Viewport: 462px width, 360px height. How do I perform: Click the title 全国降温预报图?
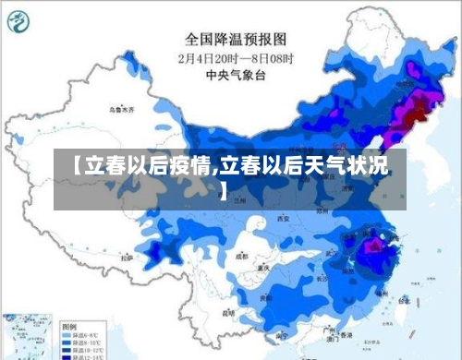point(236,39)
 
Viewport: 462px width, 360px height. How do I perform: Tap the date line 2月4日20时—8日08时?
point(235,57)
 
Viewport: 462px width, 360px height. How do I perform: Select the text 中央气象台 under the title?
point(235,74)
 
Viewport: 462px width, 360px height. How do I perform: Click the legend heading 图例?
point(69,328)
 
